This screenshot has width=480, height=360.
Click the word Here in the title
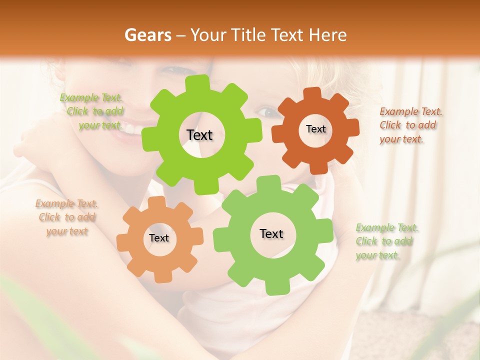328,35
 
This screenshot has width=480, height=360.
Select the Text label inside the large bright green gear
199,135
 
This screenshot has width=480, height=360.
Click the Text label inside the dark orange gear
315,129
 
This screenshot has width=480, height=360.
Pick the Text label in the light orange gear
159,238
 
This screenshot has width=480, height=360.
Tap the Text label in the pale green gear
271,233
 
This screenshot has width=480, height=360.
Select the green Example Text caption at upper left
92,111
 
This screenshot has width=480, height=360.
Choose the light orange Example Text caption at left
67,217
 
